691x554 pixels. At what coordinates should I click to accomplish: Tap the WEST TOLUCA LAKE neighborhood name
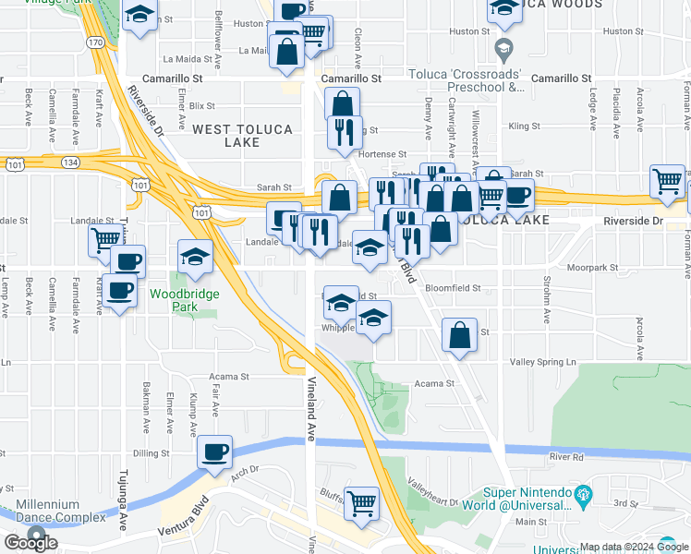click(x=242, y=137)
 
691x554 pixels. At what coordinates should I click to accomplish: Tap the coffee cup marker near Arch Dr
click(x=215, y=452)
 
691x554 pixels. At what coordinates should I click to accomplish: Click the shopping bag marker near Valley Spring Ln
click(x=459, y=336)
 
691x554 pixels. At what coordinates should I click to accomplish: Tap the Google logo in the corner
click(x=31, y=543)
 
